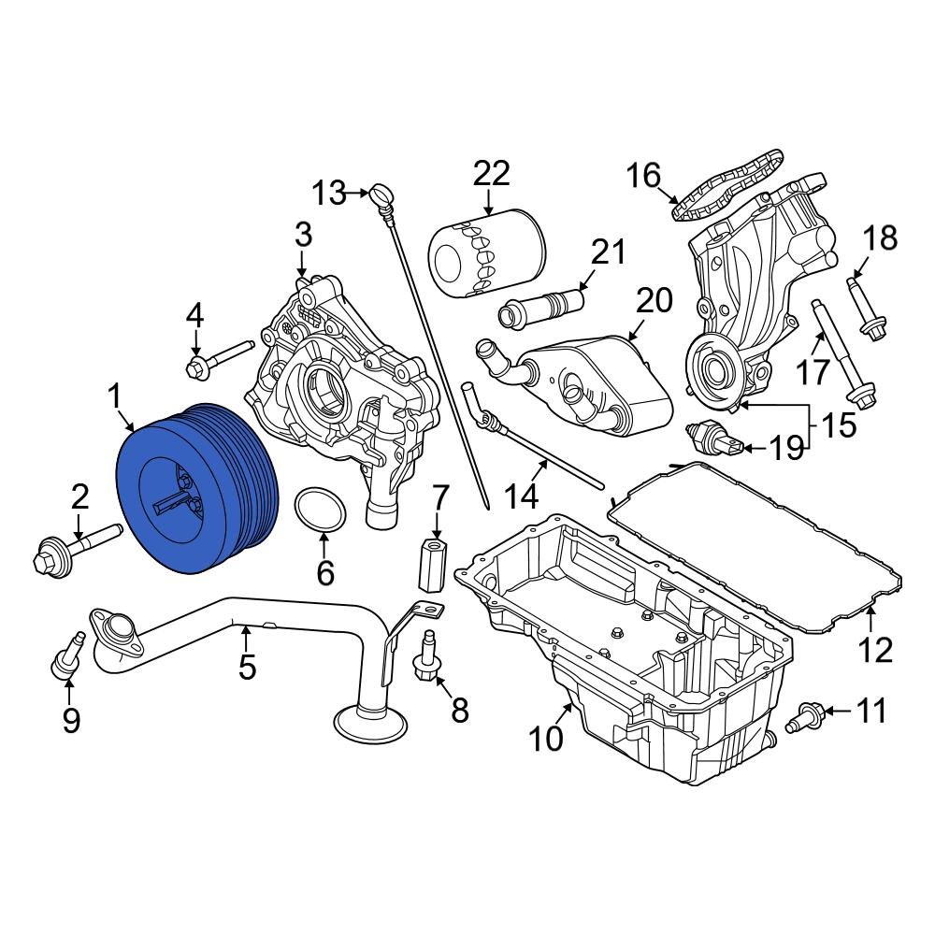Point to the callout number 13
[329, 194]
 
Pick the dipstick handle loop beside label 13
[381, 195]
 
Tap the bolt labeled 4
[221, 359]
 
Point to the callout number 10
[546, 739]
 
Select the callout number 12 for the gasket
[876, 649]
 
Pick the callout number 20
[654, 300]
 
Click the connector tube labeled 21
[542, 307]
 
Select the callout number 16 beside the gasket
[643, 176]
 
